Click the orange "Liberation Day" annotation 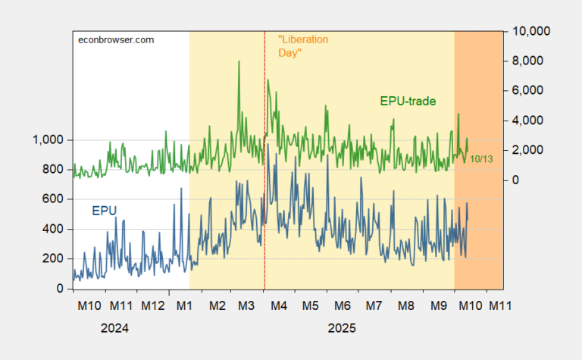pos(303,46)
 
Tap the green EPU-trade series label pos(408,101)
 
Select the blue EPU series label pos(105,210)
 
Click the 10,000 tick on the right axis pos(531,31)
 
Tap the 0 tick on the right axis pos(516,180)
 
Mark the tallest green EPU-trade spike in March pos(239,61)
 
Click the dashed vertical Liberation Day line pos(264,227)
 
